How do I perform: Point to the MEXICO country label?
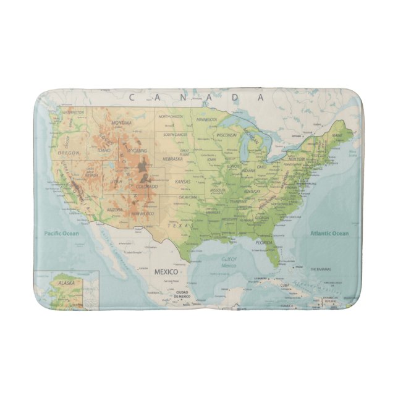(165, 272)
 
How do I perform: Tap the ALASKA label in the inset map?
(49, 282)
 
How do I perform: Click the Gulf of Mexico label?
(229, 262)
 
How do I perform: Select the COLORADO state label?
(147, 186)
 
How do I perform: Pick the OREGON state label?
(69, 152)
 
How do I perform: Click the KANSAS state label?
(184, 182)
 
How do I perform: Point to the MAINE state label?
(337, 134)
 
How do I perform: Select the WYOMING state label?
(137, 150)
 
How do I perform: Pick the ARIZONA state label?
(116, 210)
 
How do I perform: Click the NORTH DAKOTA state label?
(171, 116)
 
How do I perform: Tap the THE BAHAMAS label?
(321, 269)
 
